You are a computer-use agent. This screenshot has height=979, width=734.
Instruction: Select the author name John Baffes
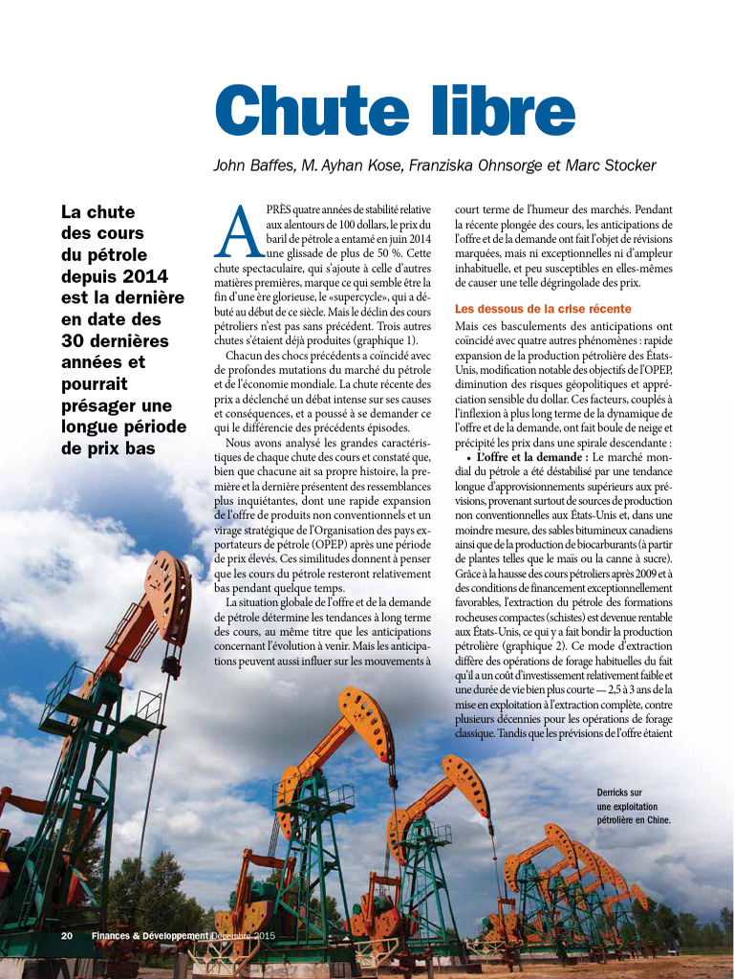click(x=251, y=165)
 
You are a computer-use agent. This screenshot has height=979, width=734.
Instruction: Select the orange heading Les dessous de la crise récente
click(x=543, y=309)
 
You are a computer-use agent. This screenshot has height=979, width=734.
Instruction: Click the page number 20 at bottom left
click(x=67, y=935)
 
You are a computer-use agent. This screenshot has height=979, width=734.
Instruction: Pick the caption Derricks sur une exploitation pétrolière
click(x=633, y=806)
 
